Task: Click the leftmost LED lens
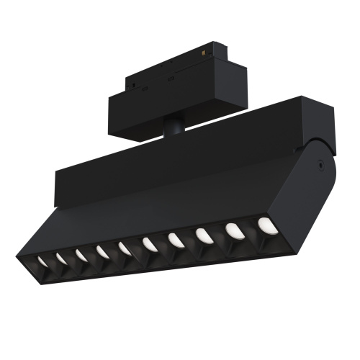coord(42,262)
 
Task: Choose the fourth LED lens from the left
coord(102,252)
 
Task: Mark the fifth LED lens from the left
coord(125,248)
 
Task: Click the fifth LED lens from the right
coord(150,244)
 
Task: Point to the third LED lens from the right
coord(203,235)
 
